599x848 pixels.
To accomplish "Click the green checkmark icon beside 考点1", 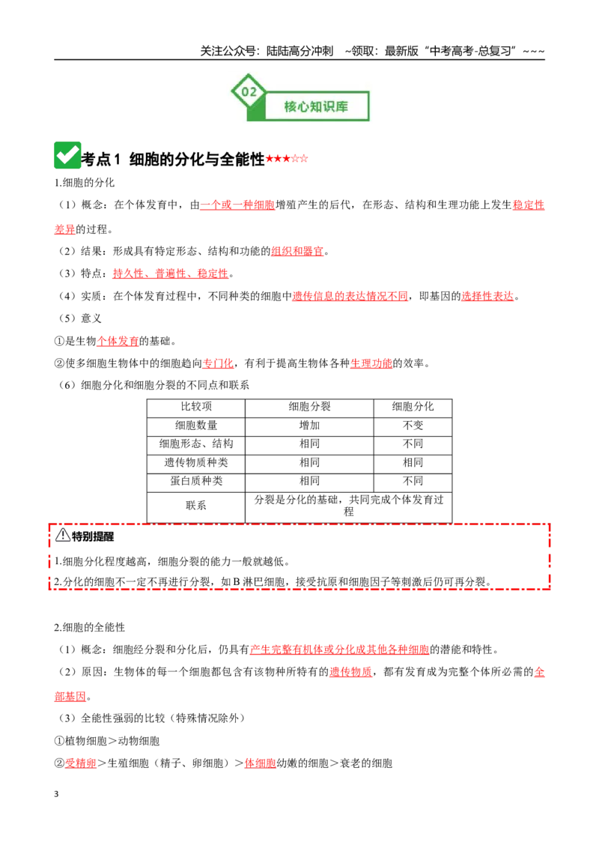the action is tap(67, 155).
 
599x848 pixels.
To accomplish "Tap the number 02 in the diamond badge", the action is tap(249, 91).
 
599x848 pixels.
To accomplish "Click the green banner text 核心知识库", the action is tap(316, 106).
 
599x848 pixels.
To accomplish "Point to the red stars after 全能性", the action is tap(287, 159).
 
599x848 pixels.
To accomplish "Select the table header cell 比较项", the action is tap(196, 407).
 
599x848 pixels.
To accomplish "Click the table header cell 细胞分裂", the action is tap(309, 407).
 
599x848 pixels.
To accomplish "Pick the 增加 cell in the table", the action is tap(309, 425).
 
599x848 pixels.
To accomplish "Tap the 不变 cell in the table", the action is tap(413, 425).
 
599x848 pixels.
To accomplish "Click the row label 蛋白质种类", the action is tap(196, 481).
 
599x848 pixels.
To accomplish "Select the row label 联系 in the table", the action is tap(196, 505).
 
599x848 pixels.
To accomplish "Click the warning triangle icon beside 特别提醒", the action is tap(63, 535).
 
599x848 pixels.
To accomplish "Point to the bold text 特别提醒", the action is tap(93, 536).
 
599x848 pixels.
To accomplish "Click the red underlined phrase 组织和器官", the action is tap(297, 251).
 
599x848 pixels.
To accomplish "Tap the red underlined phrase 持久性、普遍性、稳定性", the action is tap(171, 273).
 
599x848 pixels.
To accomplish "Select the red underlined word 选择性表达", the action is tap(487, 296).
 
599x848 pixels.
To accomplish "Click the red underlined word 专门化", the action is tap(218, 363).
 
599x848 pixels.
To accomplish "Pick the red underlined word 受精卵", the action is tap(81, 763).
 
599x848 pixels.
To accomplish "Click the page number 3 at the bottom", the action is tap(56, 794).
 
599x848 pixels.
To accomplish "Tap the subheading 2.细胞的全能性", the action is tap(90, 627).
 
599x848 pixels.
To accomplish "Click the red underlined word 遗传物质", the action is tap(351, 672).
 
